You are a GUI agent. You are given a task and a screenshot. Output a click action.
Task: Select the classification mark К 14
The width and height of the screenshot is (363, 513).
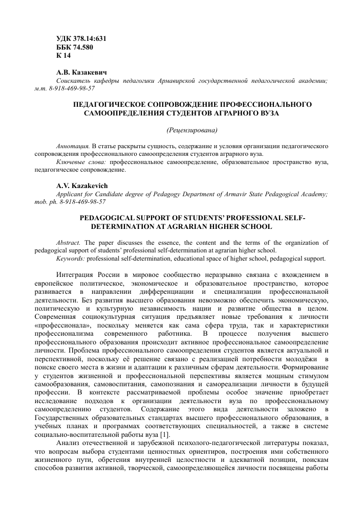(63, 55)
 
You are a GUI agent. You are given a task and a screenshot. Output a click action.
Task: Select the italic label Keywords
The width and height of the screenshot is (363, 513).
(71, 258)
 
